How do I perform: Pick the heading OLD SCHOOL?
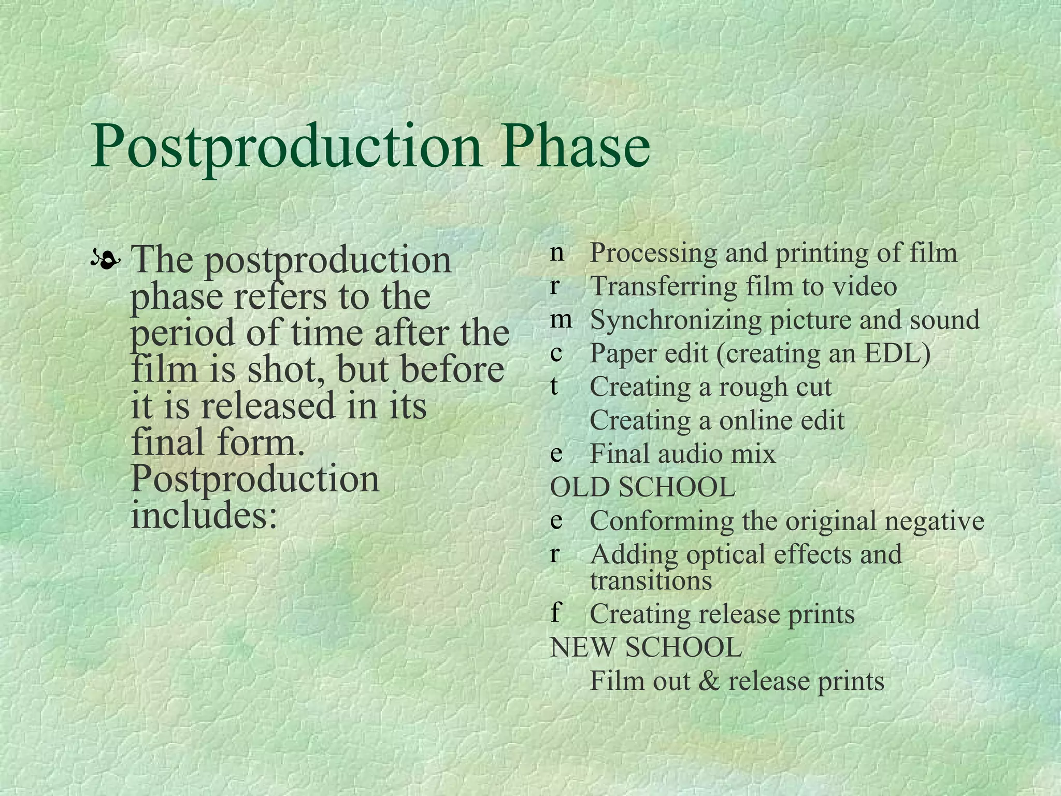click(x=642, y=487)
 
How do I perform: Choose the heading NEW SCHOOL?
click(x=646, y=647)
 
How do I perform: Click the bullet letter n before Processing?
click(x=557, y=252)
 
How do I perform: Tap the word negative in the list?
click(x=934, y=521)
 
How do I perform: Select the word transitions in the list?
click(x=651, y=580)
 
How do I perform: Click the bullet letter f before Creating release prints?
click(x=555, y=613)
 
